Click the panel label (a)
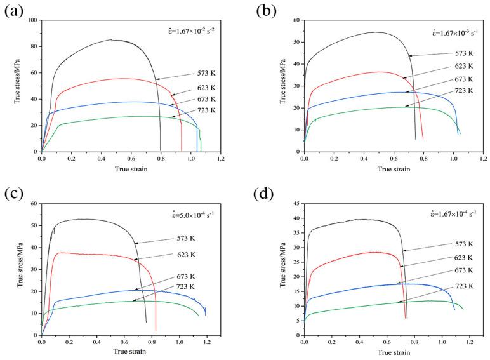pyautogui.click(x=15, y=11)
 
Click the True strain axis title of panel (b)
pyautogui.click(x=394, y=169)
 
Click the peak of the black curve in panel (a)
pyautogui.click(x=111, y=40)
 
